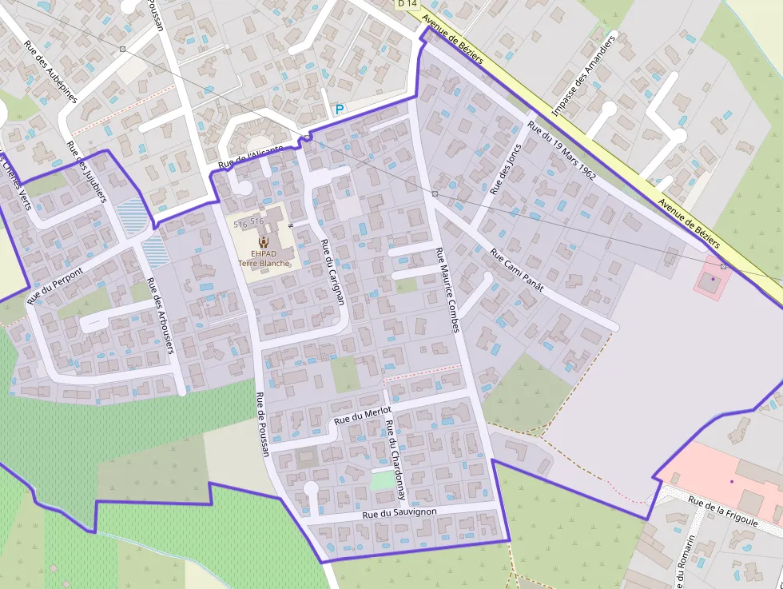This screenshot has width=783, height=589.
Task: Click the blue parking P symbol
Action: click(340, 109)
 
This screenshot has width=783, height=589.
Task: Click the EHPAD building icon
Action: click(264, 241)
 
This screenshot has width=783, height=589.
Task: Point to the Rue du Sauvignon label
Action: click(399, 511)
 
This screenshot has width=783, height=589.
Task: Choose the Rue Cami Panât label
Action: click(516, 272)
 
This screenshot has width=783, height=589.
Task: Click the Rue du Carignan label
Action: click(331, 271)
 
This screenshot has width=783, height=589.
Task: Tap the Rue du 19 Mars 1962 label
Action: click(562, 150)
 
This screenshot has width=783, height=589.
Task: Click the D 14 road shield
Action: click(407, 4)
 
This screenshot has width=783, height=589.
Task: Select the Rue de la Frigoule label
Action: click(722, 512)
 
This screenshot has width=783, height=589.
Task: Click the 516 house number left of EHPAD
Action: click(240, 225)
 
